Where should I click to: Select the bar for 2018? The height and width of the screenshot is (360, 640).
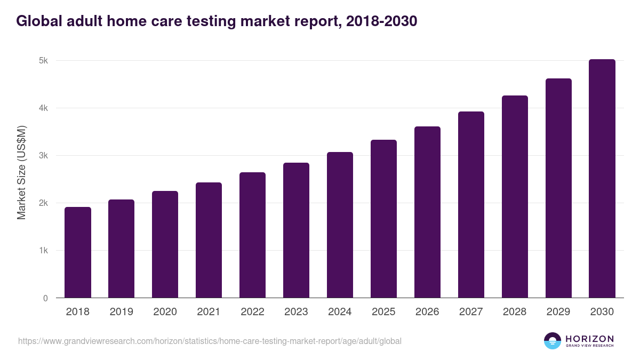click(78, 252)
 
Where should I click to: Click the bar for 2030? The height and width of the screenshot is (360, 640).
click(602, 179)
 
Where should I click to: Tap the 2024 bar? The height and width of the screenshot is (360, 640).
click(340, 225)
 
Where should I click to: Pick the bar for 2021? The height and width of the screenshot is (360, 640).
click(209, 240)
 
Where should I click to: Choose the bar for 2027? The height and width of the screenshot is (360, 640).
click(471, 205)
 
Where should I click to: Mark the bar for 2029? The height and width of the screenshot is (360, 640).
click(558, 188)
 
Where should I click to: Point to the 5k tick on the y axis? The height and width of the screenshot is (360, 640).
click(43, 61)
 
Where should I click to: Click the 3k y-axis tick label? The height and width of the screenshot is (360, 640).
click(43, 156)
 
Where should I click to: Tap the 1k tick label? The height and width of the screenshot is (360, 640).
click(43, 251)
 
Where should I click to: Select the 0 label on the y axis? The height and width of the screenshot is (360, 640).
click(45, 298)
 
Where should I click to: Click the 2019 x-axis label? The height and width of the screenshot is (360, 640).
click(121, 312)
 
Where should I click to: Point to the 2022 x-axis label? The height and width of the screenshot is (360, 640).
click(252, 312)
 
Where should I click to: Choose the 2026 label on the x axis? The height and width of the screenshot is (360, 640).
click(427, 312)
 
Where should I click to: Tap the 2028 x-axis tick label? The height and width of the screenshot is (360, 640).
click(515, 312)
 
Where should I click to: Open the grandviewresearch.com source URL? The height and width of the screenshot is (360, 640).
click(210, 341)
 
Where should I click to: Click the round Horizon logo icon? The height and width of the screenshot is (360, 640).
click(553, 341)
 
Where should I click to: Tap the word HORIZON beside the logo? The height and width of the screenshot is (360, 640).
click(589, 339)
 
